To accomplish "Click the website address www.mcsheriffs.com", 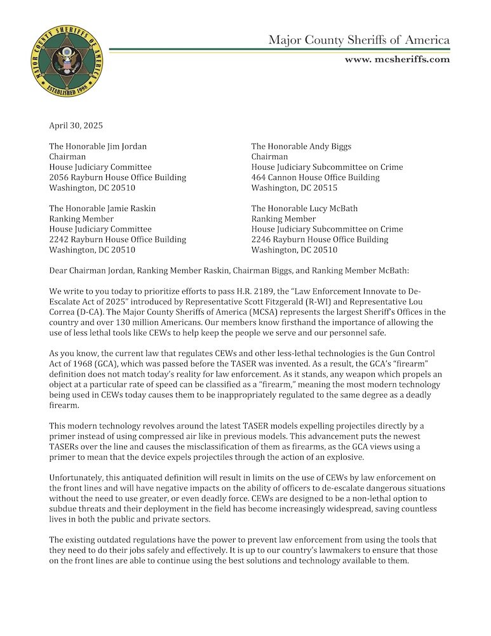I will [x=397, y=59].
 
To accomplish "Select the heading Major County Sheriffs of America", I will [x=359, y=40].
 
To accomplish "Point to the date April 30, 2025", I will [x=76, y=125].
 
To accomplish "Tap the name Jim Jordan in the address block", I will [x=127, y=146].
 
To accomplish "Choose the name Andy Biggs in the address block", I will [x=328, y=146].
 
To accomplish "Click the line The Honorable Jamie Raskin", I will [x=102, y=208].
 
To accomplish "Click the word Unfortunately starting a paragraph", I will [x=79, y=476].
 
